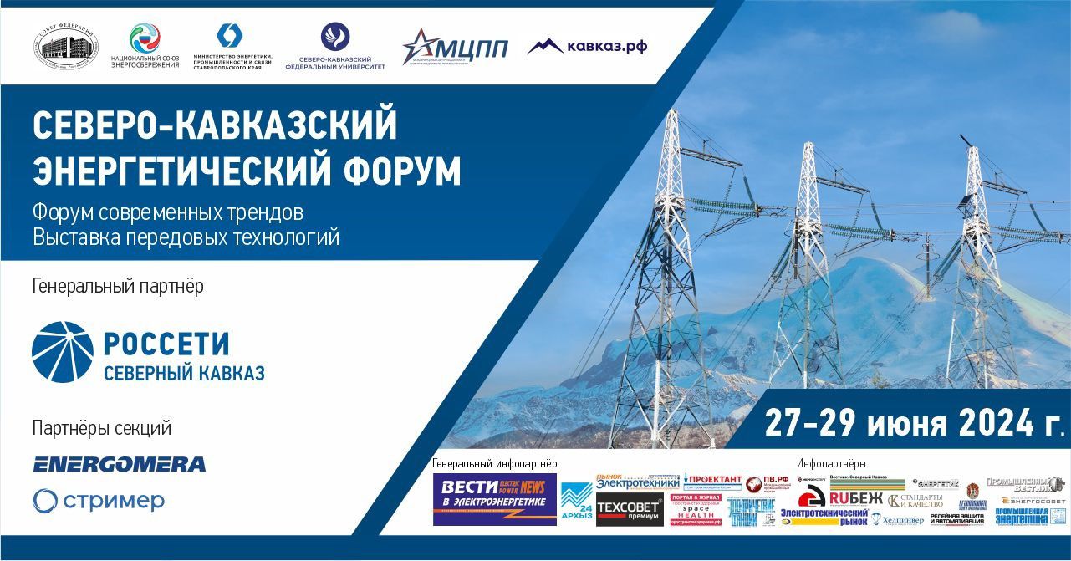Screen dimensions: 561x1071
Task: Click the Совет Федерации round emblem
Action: (66, 46)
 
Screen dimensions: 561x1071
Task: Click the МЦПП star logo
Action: (455, 47)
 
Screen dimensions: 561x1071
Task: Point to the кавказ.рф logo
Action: (587, 46)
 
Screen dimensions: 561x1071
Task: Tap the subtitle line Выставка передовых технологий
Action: (186, 237)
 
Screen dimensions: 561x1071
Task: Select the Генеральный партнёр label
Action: (118, 286)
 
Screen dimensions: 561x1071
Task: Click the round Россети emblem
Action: (62, 352)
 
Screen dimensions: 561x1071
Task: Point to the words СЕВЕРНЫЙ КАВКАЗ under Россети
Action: (184, 373)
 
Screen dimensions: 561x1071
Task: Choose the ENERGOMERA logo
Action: (120, 464)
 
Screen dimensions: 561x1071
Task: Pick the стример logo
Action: (99, 501)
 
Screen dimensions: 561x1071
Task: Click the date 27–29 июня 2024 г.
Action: (913, 424)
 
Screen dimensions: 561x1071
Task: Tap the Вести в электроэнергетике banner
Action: (494, 499)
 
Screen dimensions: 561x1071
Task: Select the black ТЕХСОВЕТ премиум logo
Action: (630, 511)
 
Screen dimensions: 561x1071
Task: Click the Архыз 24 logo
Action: (576, 502)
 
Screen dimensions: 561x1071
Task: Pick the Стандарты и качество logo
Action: (915, 501)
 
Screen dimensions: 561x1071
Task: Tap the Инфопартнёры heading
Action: (830, 463)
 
